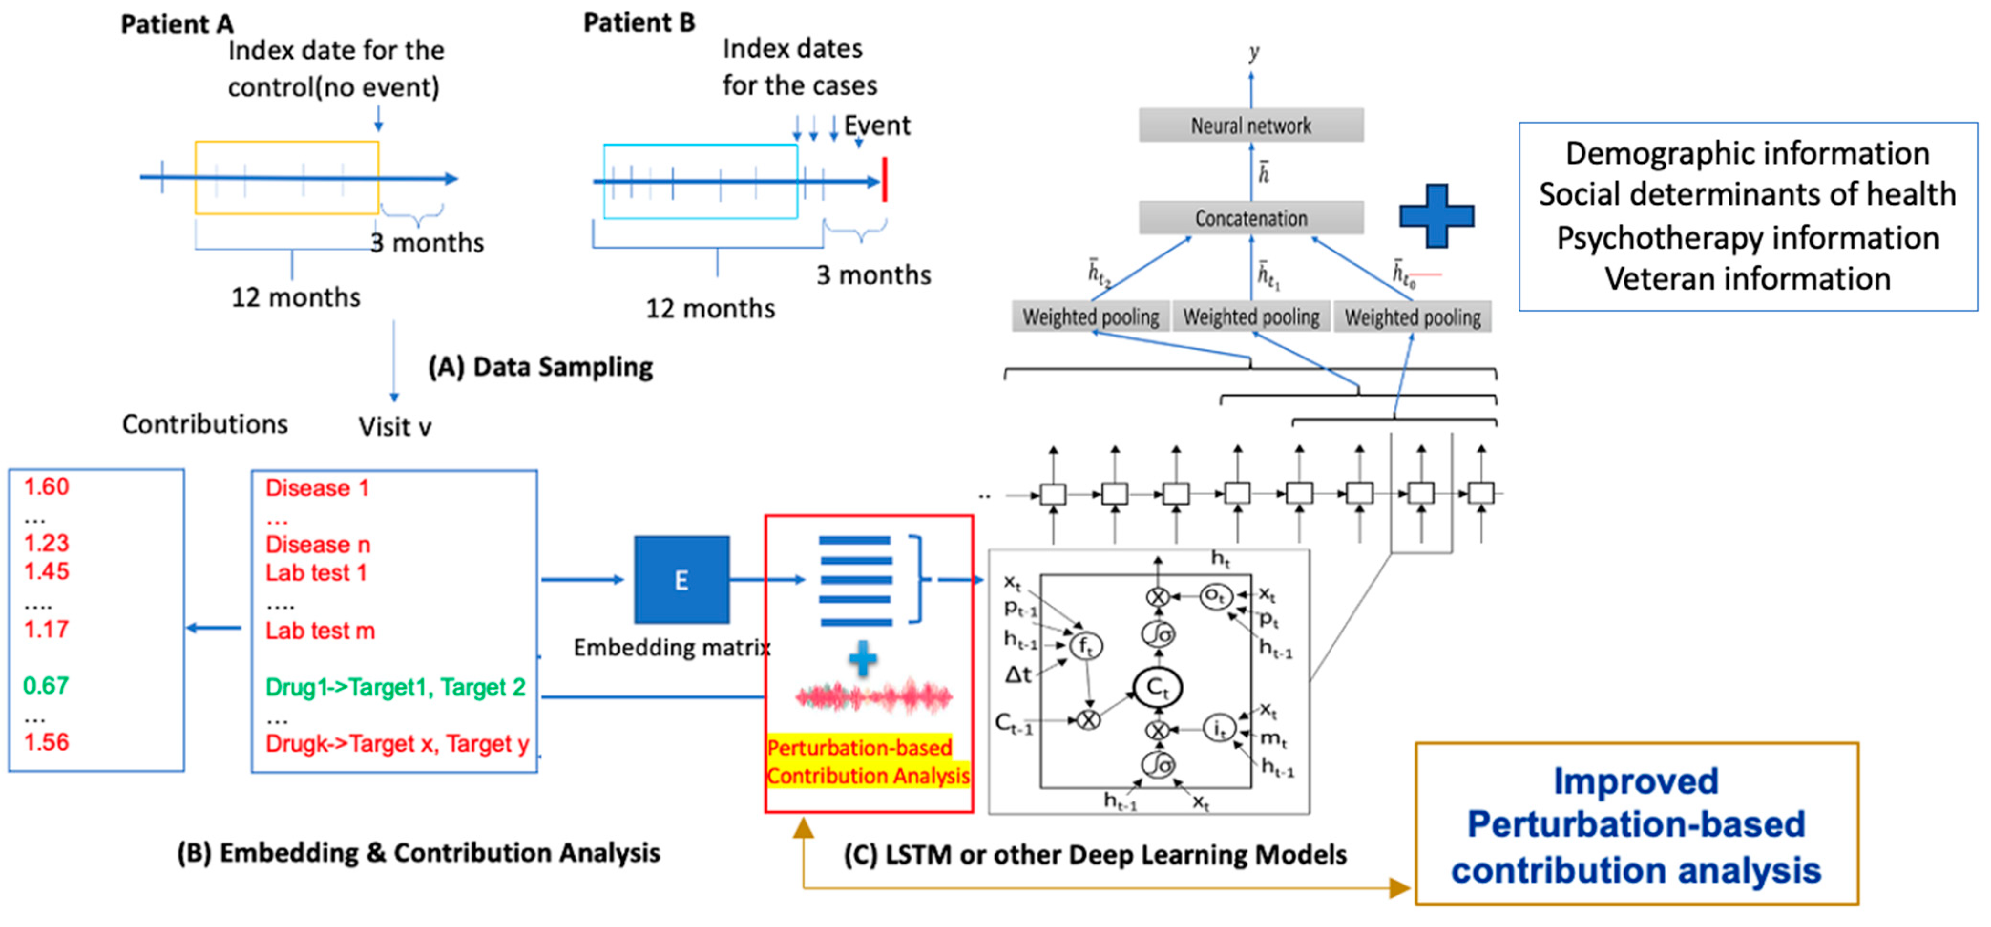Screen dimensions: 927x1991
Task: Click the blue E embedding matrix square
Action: (681, 580)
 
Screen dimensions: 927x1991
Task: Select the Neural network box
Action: (1250, 125)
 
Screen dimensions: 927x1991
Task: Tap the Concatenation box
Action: (1250, 219)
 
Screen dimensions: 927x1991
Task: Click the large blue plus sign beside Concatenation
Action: (1436, 217)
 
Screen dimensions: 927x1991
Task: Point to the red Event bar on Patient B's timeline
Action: (884, 180)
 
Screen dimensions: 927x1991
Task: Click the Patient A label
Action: (176, 24)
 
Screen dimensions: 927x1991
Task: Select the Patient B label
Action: (639, 22)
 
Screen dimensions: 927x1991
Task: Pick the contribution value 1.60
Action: (46, 487)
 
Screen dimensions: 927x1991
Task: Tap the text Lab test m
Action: (319, 631)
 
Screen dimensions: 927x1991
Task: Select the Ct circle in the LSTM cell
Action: (1157, 686)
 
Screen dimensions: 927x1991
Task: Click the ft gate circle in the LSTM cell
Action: (1086, 645)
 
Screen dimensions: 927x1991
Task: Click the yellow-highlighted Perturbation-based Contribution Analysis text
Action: (867, 761)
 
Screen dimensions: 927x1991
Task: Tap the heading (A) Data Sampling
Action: (540, 367)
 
